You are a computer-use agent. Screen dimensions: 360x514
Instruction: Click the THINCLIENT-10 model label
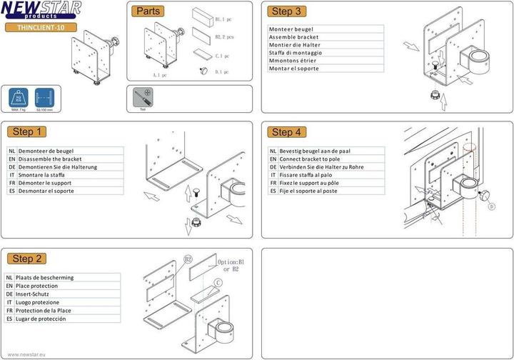(41, 27)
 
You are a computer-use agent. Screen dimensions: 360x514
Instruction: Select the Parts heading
(148, 11)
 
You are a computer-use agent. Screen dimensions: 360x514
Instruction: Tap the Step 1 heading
(28, 131)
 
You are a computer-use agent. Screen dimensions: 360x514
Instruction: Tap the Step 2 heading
(28, 259)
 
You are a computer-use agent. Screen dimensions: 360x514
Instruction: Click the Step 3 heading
(288, 11)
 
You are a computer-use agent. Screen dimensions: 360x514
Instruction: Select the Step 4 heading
(288, 131)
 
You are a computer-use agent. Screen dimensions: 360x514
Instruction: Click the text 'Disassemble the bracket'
(50, 159)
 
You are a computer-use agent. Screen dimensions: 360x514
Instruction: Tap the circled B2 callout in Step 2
(188, 259)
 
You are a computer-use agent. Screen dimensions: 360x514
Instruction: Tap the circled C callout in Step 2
(218, 282)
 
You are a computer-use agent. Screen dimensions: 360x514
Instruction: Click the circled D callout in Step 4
(491, 207)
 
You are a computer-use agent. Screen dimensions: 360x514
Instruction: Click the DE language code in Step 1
(12, 167)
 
